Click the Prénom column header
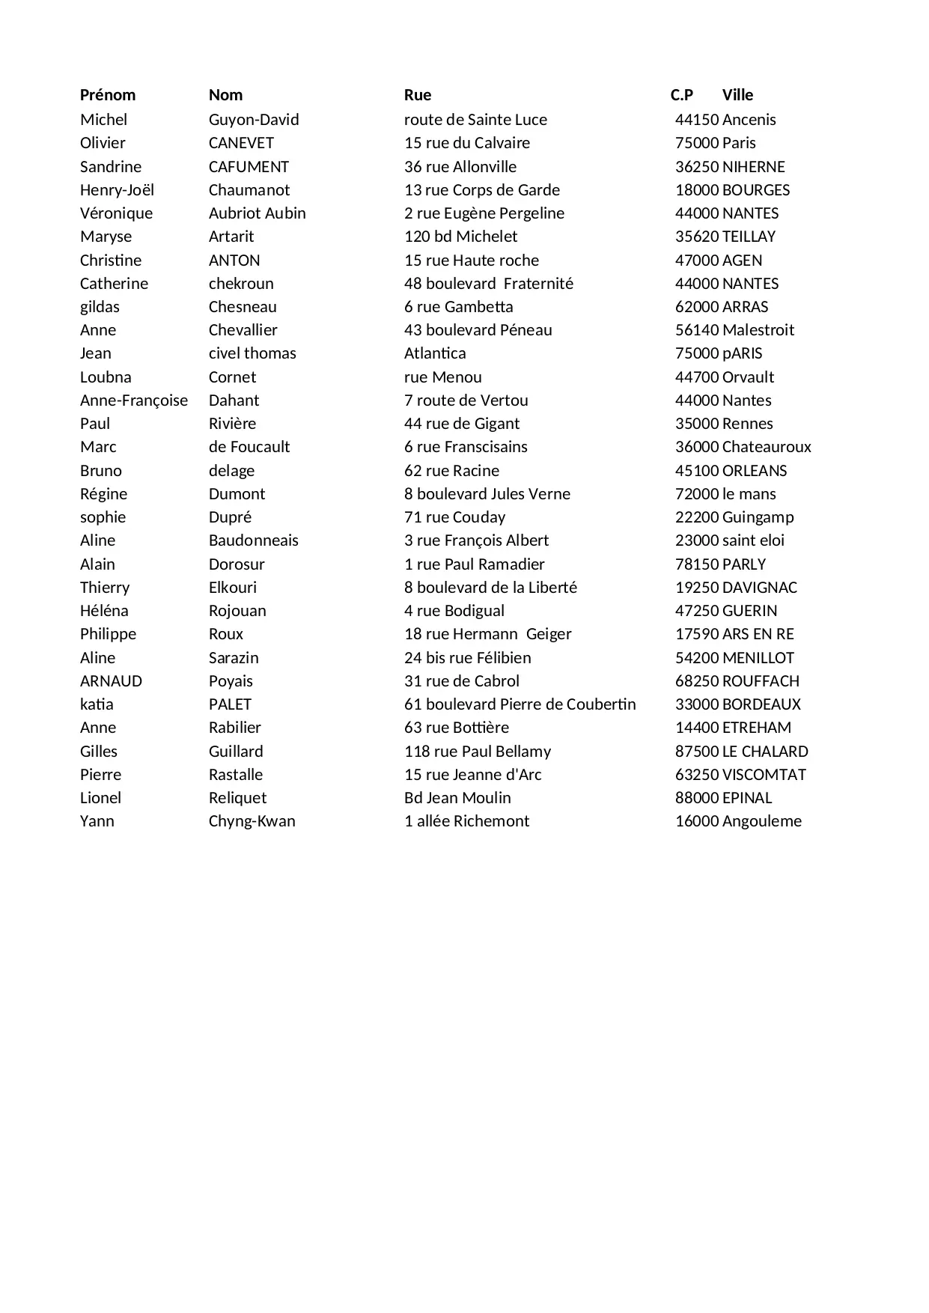(108, 95)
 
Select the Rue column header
(418, 95)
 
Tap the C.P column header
(682, 95)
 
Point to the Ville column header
(738, 95)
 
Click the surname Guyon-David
(254, 120)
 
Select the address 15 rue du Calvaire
(467, 143)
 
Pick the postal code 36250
(697, 167)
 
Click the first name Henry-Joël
(117, 190)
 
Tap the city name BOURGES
(756, 190)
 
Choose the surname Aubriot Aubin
(258, 213)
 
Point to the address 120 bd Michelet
(461, 237)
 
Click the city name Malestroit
(758, 330)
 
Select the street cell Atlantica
(435, 353)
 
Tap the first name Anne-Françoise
(134, 400)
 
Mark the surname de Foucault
(249, 447)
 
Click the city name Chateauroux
(767, 447)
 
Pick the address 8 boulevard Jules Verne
(487, 494)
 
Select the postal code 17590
(697, 634)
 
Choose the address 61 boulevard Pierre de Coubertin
(520, 704)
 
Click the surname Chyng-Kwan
(252, 821)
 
